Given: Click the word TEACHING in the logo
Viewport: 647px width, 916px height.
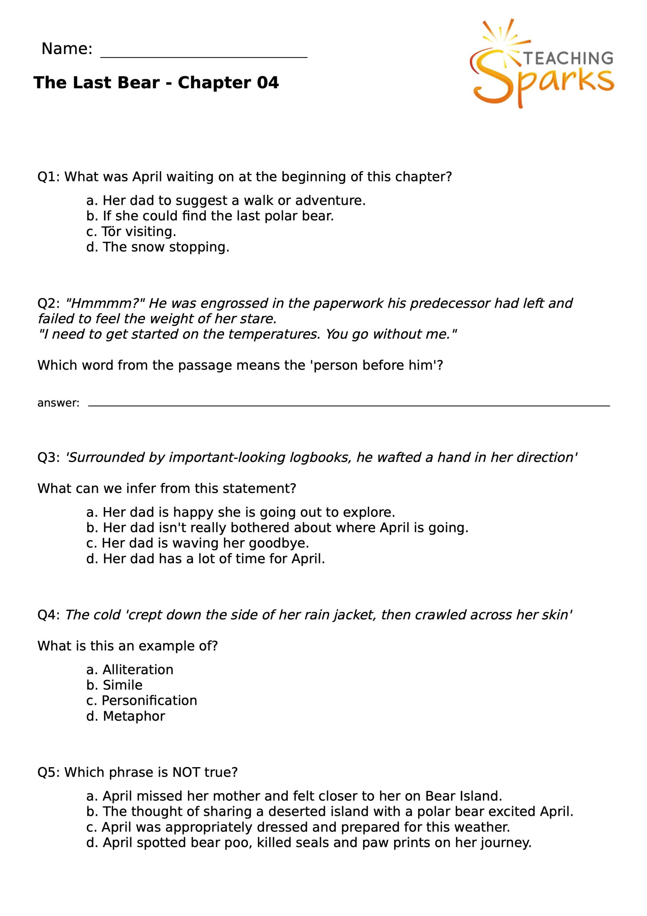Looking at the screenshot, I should [x=568, y=58].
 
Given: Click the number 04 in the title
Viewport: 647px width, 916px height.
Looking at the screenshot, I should [x=267, y=83].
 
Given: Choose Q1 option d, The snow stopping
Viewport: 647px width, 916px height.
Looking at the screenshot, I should [x=158, y=247].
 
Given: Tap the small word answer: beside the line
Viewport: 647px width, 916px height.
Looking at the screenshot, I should [x=58, y=403].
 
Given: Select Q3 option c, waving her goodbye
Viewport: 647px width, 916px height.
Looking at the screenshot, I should [x=197, y=543].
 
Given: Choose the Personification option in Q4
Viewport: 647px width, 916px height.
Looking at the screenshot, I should [x=142, y=701].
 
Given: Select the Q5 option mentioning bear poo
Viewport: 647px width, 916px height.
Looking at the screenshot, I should [x=309, y=843].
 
